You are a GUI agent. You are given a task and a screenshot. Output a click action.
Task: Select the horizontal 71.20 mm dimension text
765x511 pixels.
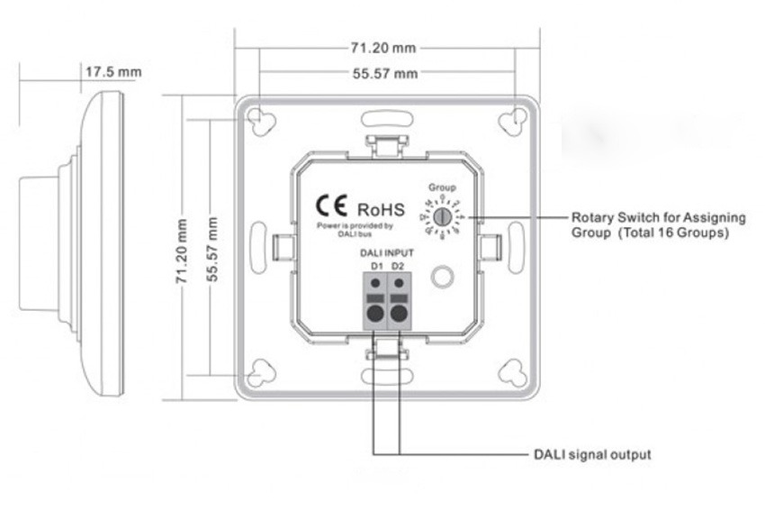[383, 47]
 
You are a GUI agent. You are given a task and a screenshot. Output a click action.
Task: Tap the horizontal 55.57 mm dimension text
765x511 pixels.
[384, 73]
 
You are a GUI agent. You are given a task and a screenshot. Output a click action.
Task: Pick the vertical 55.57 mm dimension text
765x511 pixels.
[212, 249]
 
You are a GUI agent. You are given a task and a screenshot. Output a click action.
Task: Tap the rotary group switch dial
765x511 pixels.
[441, 217]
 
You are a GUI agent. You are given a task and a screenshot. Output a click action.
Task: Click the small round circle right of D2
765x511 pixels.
[441, 277]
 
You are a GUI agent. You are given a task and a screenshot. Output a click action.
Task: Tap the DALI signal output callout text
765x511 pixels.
[592, 454]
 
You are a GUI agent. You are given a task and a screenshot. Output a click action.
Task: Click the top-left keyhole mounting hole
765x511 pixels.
[262, 122]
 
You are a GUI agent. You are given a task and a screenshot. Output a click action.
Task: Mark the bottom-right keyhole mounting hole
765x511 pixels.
[512, 371]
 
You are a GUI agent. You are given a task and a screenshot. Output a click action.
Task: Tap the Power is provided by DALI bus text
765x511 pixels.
[355, 229]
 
